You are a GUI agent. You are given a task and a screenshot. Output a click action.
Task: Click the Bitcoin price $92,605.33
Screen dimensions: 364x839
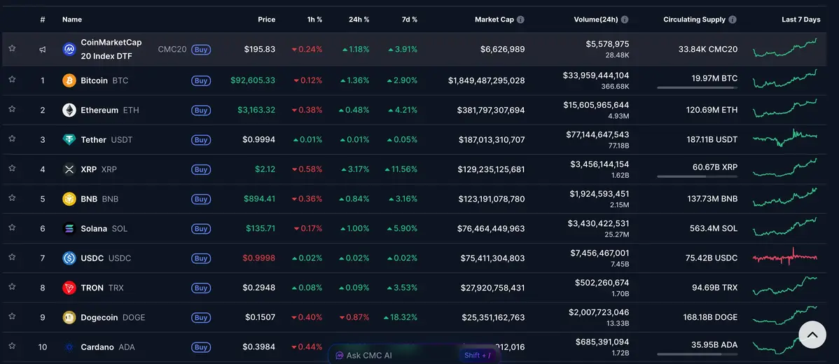pos(253,80)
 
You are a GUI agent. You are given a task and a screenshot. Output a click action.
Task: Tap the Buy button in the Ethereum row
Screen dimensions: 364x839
pos(201,111)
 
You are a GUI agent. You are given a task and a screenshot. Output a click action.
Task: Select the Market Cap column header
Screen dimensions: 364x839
pos(494,20)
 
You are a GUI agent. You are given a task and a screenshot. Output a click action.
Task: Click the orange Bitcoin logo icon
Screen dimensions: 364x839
pos(69,80)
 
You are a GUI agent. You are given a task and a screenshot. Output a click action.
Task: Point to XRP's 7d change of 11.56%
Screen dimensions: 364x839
pos(401,169)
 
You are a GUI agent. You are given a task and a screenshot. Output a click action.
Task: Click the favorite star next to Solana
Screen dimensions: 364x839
pos(12,228)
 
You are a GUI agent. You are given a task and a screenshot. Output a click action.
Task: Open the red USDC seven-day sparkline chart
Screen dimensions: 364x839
pos(784,258)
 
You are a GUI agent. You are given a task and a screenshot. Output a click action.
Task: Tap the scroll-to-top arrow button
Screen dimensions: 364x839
pos(812,335)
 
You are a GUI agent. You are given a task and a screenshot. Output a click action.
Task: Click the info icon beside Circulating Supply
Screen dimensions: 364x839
pos(733,20)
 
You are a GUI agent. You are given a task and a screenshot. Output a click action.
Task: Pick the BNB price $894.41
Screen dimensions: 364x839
pos(259,199)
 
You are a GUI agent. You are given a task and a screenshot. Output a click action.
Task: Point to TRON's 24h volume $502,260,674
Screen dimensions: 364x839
pos(599,282)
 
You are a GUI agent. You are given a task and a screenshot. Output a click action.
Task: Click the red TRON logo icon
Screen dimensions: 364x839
pos(69,288)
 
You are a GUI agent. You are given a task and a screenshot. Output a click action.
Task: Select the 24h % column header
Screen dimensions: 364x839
pos(359,20)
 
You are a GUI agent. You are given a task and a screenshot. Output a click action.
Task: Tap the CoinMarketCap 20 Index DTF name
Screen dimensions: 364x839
pos(111,49)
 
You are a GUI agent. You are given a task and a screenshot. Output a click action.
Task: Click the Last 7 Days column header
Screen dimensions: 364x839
pos(800,20)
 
